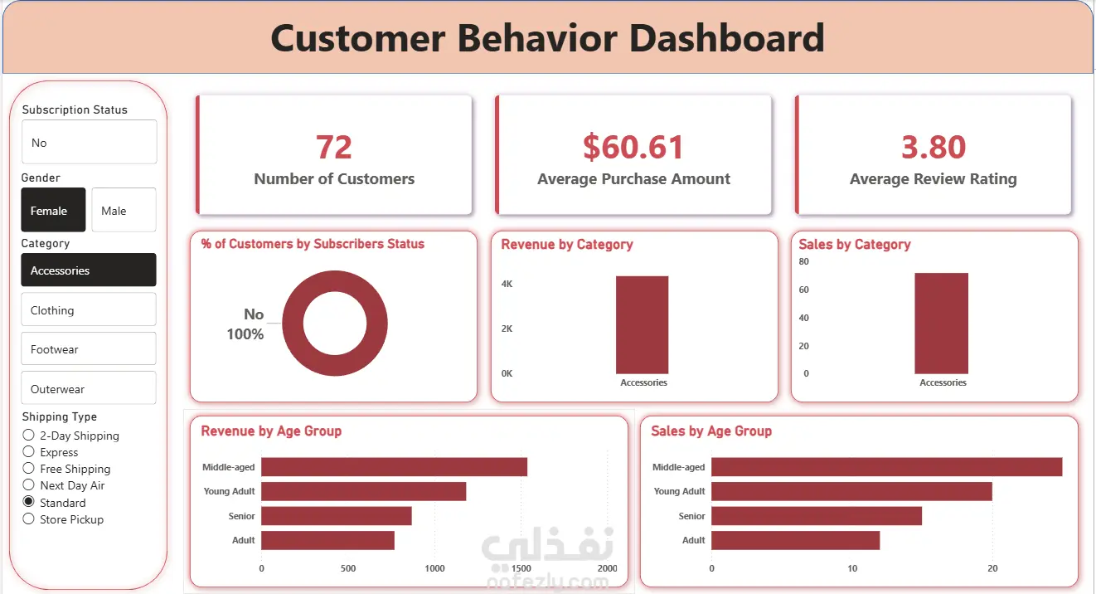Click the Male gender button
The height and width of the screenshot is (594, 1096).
point(124,210)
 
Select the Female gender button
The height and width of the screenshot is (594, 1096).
point(53,210)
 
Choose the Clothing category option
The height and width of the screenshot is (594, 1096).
point(88,309)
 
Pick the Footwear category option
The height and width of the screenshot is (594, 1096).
point(88,349)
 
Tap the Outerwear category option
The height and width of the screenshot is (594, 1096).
point(88,388)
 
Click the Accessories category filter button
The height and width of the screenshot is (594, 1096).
point(88,270)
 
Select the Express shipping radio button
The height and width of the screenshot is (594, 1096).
point(29,452)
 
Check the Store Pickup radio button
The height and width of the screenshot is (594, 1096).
point(29,519)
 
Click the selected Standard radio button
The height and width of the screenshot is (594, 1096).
point(29,502)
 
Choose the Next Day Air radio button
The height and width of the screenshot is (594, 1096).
point(29,485)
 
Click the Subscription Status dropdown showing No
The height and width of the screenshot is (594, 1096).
point(89,143)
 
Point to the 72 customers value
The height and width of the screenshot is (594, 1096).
point(334,147)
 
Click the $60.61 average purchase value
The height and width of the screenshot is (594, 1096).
point(633,147)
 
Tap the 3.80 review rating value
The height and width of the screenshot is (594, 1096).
point(934,147)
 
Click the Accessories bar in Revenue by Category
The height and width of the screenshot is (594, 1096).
point(642,324)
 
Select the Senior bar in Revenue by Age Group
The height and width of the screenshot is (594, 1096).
point(337,516)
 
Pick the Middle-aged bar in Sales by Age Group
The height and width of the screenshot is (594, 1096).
point(886,467)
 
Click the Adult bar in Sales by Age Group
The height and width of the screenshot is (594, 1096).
point(795,540)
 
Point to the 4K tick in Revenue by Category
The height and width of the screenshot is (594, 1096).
point(507,284)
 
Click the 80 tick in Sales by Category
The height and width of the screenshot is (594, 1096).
point(803,261)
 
